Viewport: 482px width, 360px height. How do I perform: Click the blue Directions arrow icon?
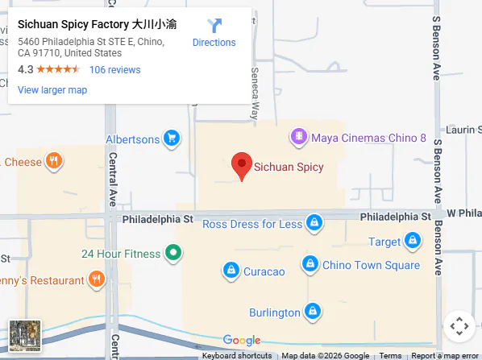[x=214, y=26]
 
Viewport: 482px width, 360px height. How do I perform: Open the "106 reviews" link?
[x=114, y=70]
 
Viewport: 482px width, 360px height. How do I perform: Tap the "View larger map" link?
[x=52, y=90]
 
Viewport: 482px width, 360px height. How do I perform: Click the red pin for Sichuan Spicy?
[x=241, y=165]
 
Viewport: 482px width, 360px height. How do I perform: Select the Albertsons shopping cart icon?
[x=171, y=139]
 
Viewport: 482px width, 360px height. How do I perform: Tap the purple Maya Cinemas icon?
[x=299, y=138]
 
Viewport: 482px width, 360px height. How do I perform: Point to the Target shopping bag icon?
[x=413, y=240]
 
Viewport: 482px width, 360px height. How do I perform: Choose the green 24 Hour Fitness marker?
[x=172, y=254]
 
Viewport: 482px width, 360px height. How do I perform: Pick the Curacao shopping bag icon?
[x=231, y=271]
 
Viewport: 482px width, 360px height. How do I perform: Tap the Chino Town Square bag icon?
[x=310, y=264]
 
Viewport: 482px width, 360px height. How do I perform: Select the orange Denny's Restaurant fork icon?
[x=96, y=280]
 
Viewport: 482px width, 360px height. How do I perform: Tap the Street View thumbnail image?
[x=24, y=335]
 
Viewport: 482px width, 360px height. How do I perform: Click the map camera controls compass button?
[x=459, y=326]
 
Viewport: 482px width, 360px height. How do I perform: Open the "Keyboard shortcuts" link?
[x=236, y=355]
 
